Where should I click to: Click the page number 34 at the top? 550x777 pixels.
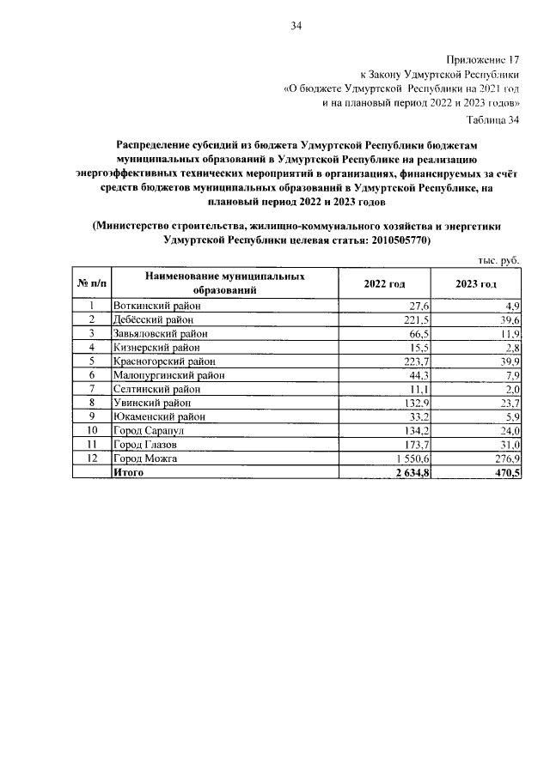[295, 27]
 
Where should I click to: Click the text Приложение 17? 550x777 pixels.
[485, 61]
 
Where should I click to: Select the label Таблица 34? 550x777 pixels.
[493, 119]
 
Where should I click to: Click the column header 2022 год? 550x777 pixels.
[385, 284]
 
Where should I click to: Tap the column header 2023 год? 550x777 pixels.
[475, 284]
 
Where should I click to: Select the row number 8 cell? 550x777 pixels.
[91, 402]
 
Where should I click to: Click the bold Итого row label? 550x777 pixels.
[129, 471]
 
